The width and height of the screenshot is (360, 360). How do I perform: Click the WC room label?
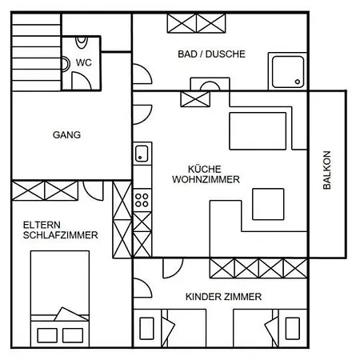click(84, 62)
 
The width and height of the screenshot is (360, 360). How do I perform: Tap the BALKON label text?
click(327, 170)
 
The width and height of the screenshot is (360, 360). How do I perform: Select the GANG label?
click(66, 134)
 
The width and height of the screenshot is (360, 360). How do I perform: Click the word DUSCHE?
click(226, 54)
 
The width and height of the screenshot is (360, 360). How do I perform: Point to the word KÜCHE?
click(205, 169)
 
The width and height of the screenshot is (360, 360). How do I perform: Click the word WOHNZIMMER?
click(206, 179)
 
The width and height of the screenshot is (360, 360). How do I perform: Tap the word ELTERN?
click(42, 225)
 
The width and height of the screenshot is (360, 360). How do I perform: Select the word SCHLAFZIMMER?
click(61, 235)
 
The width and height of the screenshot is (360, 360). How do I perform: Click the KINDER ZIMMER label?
click(223, 297)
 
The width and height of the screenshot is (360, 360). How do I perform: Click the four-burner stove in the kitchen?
click(142, 200)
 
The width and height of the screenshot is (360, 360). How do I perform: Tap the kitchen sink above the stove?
click(142, 154)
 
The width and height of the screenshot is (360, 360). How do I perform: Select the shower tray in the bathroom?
click(288, 72)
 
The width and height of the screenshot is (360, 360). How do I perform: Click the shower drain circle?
click(298, 82)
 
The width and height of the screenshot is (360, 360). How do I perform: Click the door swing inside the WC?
click(82, 81)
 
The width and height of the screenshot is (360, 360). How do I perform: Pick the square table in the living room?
click(268, 204)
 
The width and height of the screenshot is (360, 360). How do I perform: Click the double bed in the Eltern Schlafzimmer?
click(60, 298)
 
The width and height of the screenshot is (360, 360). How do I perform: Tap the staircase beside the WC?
click(36, 52)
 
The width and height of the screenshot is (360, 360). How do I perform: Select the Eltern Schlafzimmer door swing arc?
click(93, 191)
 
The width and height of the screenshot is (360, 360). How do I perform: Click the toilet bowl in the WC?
click(82, 42)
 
